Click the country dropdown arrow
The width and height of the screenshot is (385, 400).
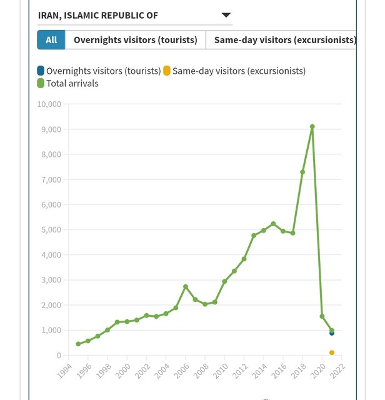(226, 15)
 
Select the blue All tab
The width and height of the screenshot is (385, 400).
(51, 40)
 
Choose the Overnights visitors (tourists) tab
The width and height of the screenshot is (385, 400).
(135, 40)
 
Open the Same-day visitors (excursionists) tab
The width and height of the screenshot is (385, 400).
(284, 40)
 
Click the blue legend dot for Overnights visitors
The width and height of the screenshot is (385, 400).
(41, 71)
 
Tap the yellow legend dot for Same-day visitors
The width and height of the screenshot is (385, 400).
(167, 71)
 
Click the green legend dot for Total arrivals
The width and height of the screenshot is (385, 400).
(41, 83)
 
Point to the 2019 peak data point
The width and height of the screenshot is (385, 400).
(312, 127)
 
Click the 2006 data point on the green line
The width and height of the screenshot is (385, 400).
(186, 286)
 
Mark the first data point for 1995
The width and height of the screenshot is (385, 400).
(78, 344)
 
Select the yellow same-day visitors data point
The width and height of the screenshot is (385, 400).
(332, 352)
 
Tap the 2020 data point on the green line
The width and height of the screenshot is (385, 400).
(322, 316)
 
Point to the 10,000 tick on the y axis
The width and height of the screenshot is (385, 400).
(49, 104)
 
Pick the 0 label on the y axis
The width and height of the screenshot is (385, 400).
(59, 356)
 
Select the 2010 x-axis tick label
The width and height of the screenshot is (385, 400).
(218, 373)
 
